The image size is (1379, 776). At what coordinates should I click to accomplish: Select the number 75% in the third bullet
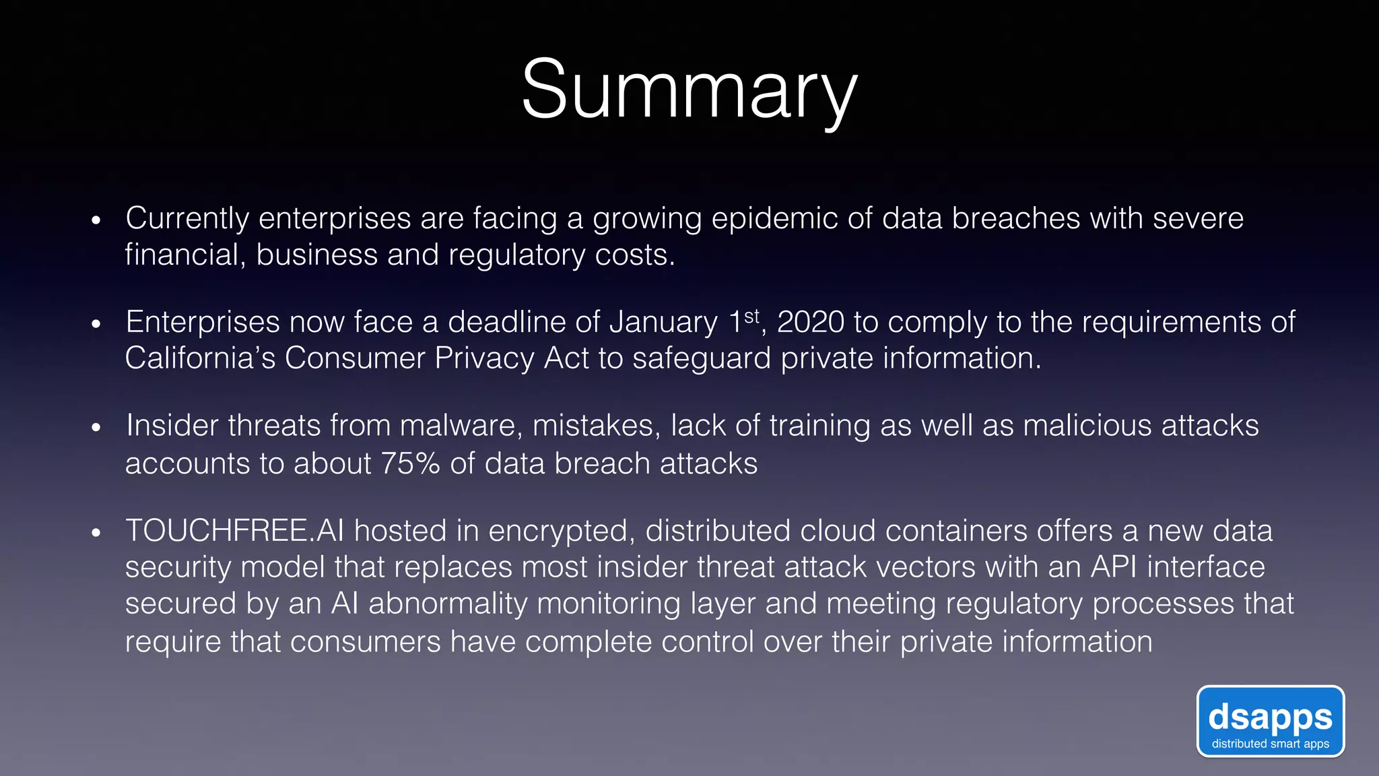(x=410, y=463)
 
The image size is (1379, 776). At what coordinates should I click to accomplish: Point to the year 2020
(x=810, y=322)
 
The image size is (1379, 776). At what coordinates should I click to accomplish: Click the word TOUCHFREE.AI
(x=234, y=531)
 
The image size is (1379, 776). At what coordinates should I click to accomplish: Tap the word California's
(x=200, y=358)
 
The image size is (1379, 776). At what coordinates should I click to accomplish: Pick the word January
(x=663, y=322)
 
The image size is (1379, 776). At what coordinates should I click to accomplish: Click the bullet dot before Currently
(x=96, y=220)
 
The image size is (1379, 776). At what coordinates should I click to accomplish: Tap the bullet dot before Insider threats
(x=96, y=428)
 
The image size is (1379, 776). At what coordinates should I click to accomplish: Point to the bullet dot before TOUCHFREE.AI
(x=96, y=533)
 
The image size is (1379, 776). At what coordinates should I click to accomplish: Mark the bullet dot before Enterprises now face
(x=96, y=324)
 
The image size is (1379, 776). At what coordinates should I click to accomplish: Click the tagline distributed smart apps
(x=1270, y=744)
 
